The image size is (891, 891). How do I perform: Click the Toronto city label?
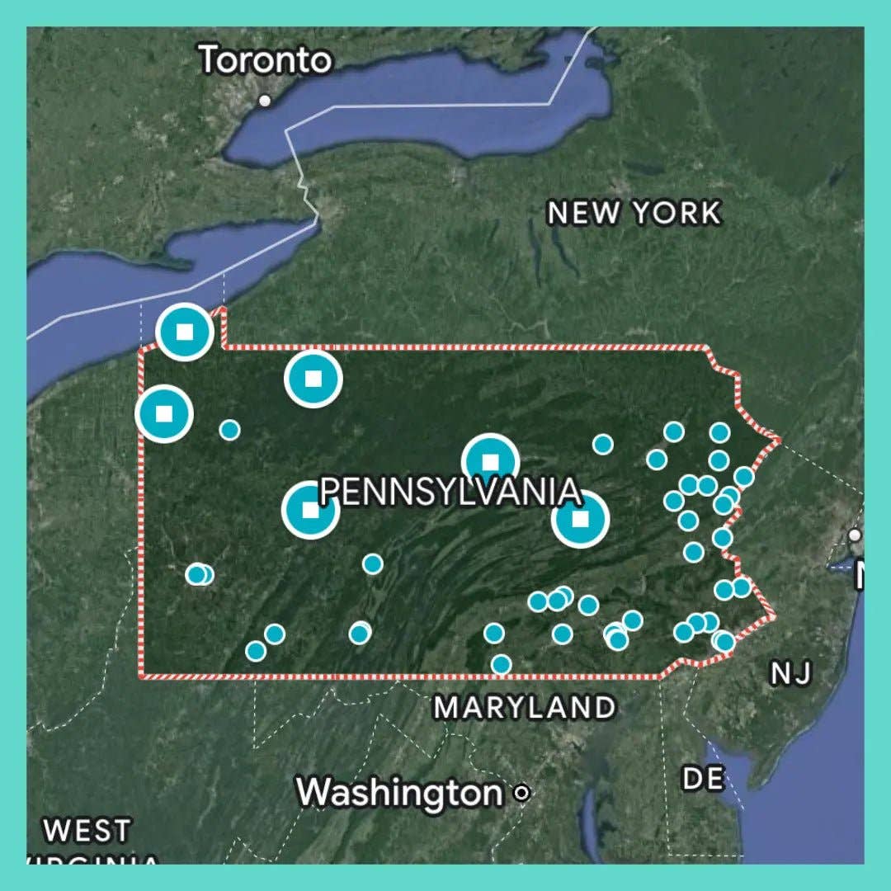coord(266,60)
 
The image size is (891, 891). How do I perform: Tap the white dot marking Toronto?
coord(265,101)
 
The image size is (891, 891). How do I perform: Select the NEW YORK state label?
coord(634,213)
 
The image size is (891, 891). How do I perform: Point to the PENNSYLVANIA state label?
coord(450,492)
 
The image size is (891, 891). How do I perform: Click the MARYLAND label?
coord(525,707)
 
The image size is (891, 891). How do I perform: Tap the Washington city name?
coord(399,793)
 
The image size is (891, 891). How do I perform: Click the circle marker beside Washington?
coord(521,794)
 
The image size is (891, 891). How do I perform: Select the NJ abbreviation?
coord(791,674)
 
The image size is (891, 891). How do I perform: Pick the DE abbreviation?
coord(703,778)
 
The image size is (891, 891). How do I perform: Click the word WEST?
coord(88,830)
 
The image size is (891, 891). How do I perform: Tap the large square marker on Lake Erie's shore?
coord(186,332)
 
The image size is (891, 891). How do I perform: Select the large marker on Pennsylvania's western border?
coord(164,412)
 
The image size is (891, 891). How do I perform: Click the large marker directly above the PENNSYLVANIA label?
coord(491,461)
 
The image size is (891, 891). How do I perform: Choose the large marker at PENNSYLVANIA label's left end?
coord(310,510)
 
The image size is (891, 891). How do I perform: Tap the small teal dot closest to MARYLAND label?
coord(501,664)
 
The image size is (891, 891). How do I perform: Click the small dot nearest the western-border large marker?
coord(230,430)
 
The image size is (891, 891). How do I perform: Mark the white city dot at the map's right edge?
coord(855,535)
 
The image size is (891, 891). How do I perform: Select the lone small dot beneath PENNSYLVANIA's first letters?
coord(373,564)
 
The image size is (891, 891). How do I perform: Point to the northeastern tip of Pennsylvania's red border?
coord(778,438)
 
